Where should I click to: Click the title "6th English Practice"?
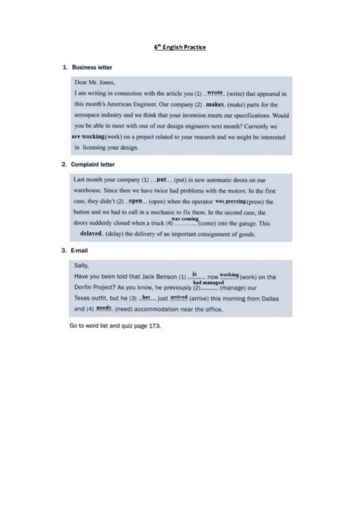pyautogui.click(x=180, y=46)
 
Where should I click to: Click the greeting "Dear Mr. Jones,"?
pyautogui.click(x=94, y=82)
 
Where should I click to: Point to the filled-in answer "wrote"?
pyautogui.click(x=215, y=93)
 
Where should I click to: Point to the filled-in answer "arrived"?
pyautogui.click(x=179, y=298)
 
